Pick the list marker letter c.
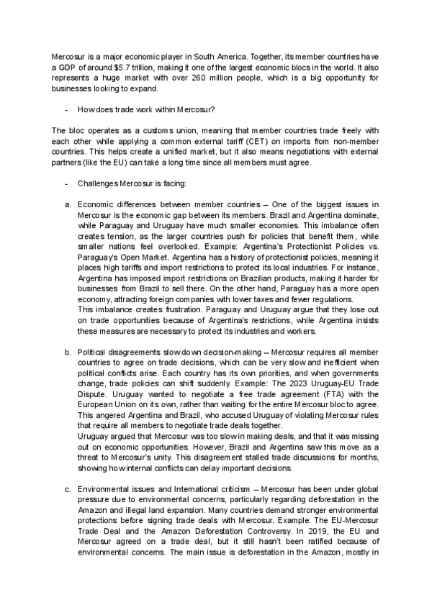coord(67,489)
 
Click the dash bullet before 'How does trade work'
coord(66,110)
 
